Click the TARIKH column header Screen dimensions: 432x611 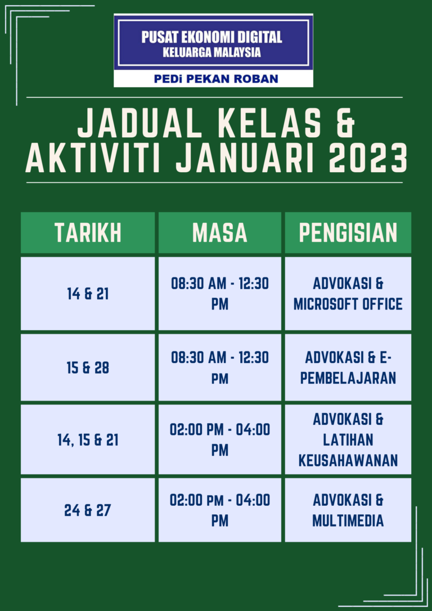(88, 232)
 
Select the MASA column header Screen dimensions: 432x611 (220, 232)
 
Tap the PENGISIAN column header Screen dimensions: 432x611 (348, 232)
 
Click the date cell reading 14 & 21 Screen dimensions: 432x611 (88, 294)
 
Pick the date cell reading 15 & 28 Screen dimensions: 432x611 (88, 367)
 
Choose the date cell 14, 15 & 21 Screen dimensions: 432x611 (88, 439)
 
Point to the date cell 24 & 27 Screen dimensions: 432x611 (88, 510)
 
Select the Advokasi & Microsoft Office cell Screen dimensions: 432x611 (348, 294)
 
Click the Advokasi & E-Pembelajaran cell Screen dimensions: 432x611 (348, 367)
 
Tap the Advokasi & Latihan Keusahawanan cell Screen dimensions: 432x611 (348, 439)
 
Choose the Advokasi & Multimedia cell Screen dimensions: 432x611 (348, 510)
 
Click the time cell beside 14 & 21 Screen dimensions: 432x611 (220, 294)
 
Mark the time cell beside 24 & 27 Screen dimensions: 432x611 (220, 510)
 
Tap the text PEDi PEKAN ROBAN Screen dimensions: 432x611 (216, 79)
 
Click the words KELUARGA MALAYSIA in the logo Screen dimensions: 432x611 (211, 53)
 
